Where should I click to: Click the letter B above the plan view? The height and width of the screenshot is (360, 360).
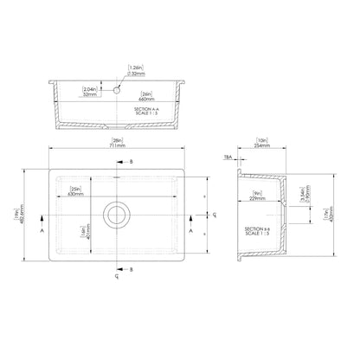[x=131, y=162]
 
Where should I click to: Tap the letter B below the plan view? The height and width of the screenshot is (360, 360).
[x=131, y=270]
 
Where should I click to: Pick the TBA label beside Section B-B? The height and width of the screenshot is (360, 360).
[x=227, y=159]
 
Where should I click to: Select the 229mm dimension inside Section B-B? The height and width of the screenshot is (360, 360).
[x=258, y=195]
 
